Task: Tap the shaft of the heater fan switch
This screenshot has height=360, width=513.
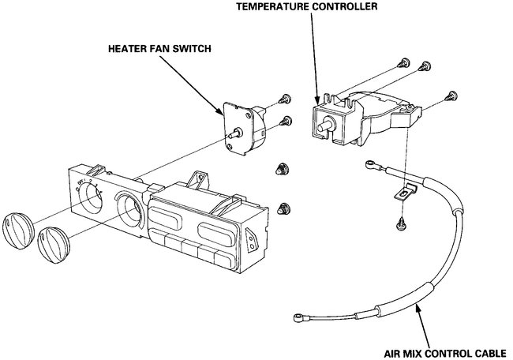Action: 232,137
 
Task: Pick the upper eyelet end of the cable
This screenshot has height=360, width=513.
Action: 368,163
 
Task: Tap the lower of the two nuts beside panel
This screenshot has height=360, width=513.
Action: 282,209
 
